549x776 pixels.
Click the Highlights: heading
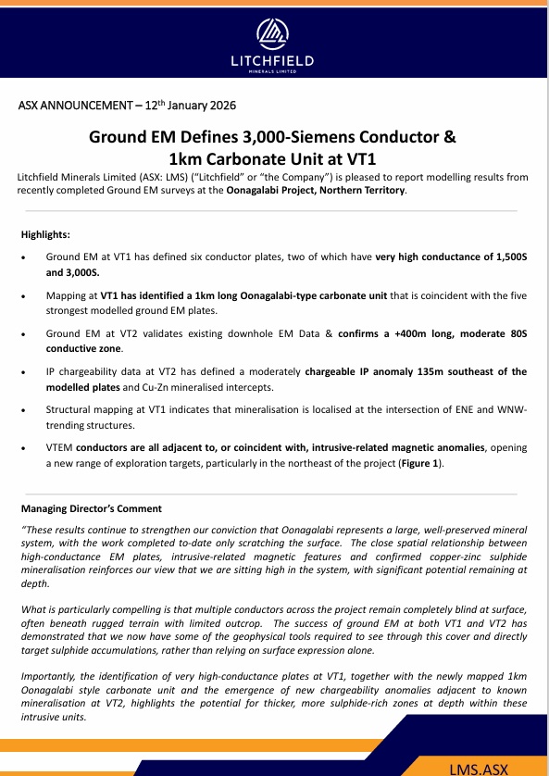click(x=45, y=235)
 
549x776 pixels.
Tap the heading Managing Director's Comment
click(x=92, y=508)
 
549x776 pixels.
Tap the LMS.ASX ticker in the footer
click(x=479, y=767)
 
